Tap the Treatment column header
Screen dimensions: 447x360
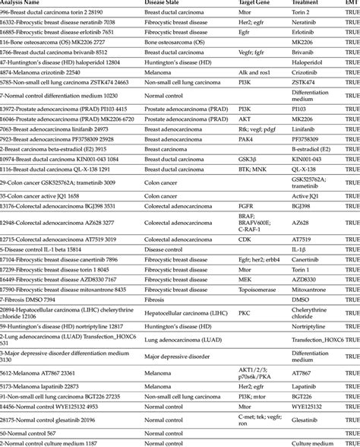point(307,4)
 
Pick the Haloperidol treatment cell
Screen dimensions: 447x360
point(306,61)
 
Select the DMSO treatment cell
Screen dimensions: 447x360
point(300,300)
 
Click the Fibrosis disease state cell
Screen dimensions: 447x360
point(156,300)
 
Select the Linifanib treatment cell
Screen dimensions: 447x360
point(303,131)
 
